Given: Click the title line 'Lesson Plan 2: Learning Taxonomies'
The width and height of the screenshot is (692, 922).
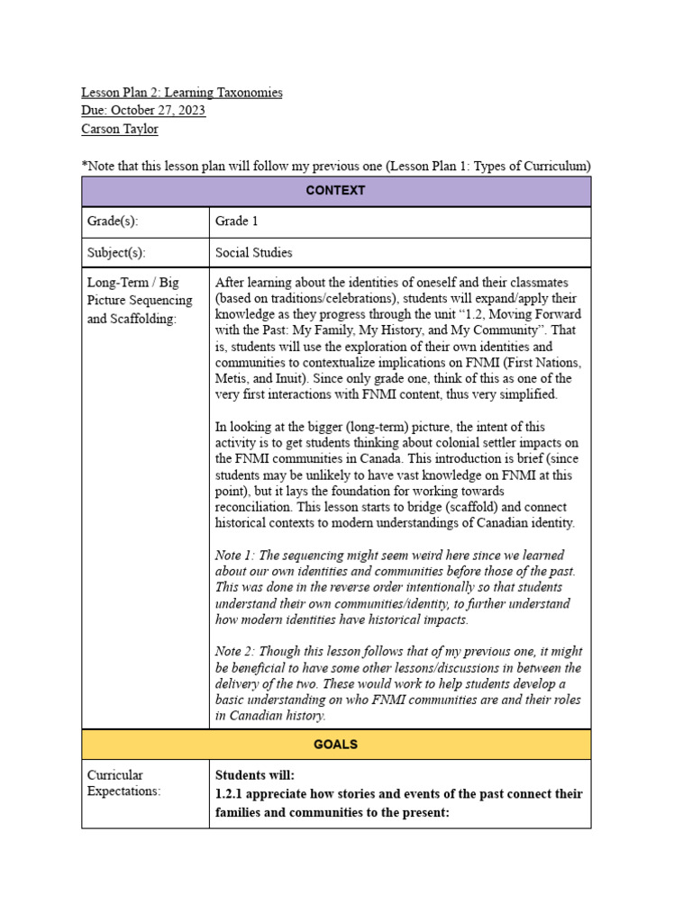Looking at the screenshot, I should [181, 93].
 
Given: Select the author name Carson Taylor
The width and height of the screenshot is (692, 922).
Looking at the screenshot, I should [119, 129].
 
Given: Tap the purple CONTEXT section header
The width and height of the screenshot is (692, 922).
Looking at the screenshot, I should [335, 191].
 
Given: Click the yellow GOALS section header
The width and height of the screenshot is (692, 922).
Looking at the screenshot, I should [335, 745].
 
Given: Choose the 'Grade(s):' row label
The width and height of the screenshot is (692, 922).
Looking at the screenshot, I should [113, 221].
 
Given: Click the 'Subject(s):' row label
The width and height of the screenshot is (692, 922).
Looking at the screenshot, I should [116, 253].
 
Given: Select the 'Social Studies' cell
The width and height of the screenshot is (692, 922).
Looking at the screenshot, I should [253, 253].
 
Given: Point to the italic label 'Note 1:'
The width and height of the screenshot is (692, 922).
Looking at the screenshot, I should [235, 556].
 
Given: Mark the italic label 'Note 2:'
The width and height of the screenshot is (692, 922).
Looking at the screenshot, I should [235, 652].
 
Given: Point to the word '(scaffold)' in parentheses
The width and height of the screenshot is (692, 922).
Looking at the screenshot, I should [476, 507].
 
